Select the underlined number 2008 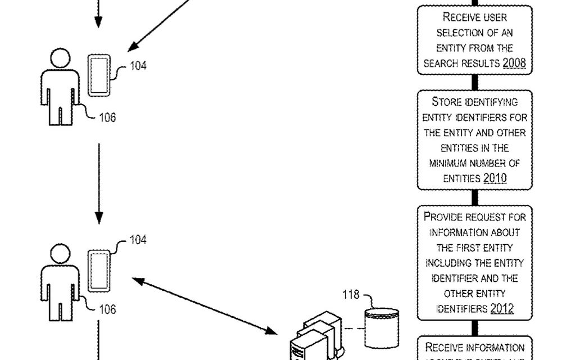click(x=514, y=63)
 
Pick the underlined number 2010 click(x=495, y=178)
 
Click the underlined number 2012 click(x=502, y=308)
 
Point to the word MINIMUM click(x=453, y=163)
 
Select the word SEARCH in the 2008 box click(x=439, y=64)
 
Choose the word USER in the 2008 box click(x=496, y=17)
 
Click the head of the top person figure click(x=60, y=59)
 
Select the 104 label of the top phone click(x=138, y=65)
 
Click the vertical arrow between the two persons click(x=99, y=183)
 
